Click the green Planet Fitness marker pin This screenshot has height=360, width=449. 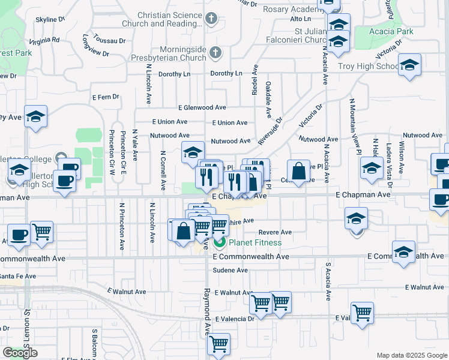219,242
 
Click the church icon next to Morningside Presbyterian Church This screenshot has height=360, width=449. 215,53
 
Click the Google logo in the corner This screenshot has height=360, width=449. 20,353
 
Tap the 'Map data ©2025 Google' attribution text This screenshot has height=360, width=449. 411,355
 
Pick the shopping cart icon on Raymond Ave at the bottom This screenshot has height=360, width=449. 218,344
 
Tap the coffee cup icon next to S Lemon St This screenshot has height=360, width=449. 19,235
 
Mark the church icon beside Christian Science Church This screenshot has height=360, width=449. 210,19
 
